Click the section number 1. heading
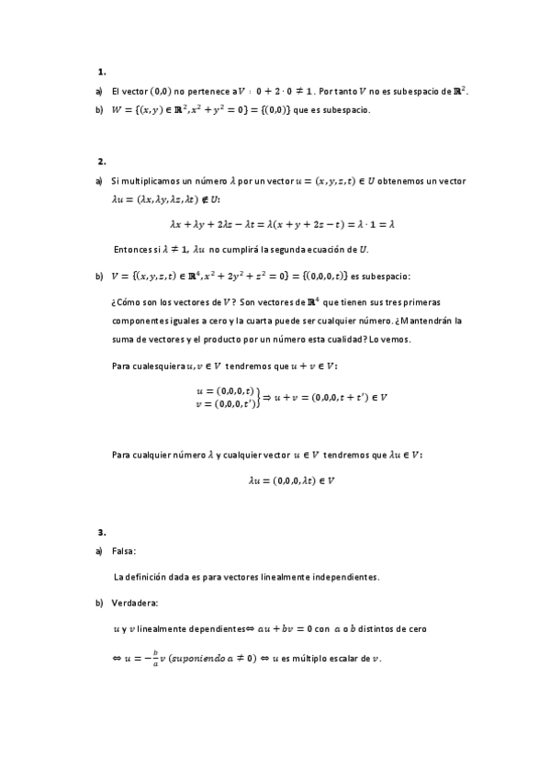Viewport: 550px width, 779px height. coord(102,71)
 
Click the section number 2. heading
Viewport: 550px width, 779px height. coord(102,161)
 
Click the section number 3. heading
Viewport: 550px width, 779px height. coord(102,532)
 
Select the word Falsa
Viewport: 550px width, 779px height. coord(124,551)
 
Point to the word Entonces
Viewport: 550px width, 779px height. coord(132,250)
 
